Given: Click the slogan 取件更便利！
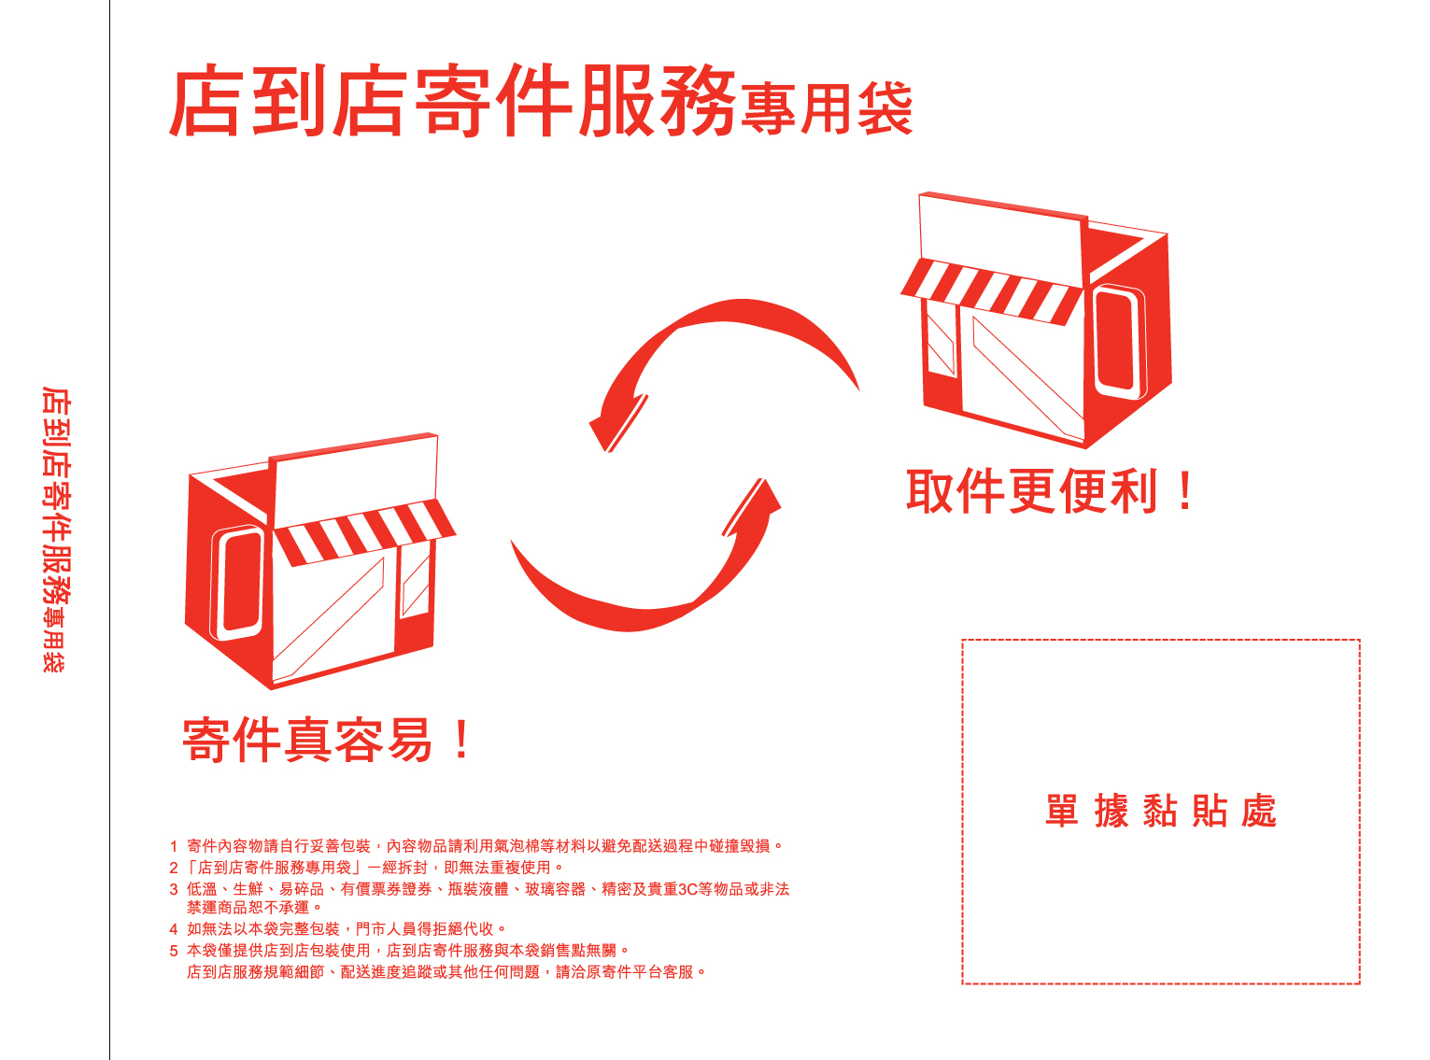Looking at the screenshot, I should coord(1050,491).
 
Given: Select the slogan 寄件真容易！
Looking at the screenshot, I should coord(328,741).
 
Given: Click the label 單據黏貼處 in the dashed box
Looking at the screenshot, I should coord(1160,811).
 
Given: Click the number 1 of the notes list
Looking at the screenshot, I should coord(174,846).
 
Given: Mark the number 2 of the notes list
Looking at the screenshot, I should coord(174,868).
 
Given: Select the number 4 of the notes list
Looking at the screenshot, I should coord(174,929).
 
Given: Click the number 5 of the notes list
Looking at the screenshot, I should coord(174,951).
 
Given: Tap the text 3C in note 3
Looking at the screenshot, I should coord(687,889).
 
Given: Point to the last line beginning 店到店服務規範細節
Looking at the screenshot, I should coord(446,972).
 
